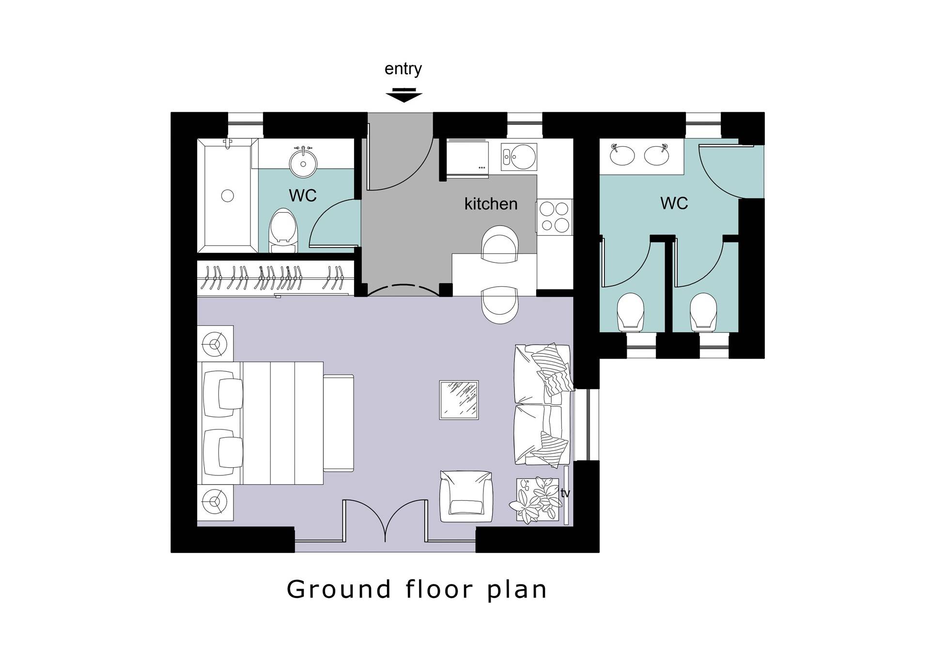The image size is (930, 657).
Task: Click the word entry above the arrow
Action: click(403, 69)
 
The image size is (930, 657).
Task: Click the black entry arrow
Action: click(404, 95)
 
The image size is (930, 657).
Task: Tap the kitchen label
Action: click(491, 204)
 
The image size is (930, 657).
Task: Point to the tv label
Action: click(565, 493)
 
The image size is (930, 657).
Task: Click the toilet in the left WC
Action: click(283, 231)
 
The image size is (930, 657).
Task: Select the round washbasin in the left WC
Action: click(303, 163)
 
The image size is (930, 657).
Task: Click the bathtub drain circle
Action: click(228, 196)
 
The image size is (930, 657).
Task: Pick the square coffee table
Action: click(459, 400)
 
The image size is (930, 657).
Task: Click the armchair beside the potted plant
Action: click(466, 496)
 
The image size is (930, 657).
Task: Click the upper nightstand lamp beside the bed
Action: click(215, 344)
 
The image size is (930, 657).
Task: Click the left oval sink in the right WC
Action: click(622, 155)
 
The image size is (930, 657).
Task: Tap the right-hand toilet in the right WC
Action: click(703, 312)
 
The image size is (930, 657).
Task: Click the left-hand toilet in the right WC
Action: click(631, 312)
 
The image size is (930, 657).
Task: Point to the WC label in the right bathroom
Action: click(674, 203)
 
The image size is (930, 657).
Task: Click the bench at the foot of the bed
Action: click(339, 423)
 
